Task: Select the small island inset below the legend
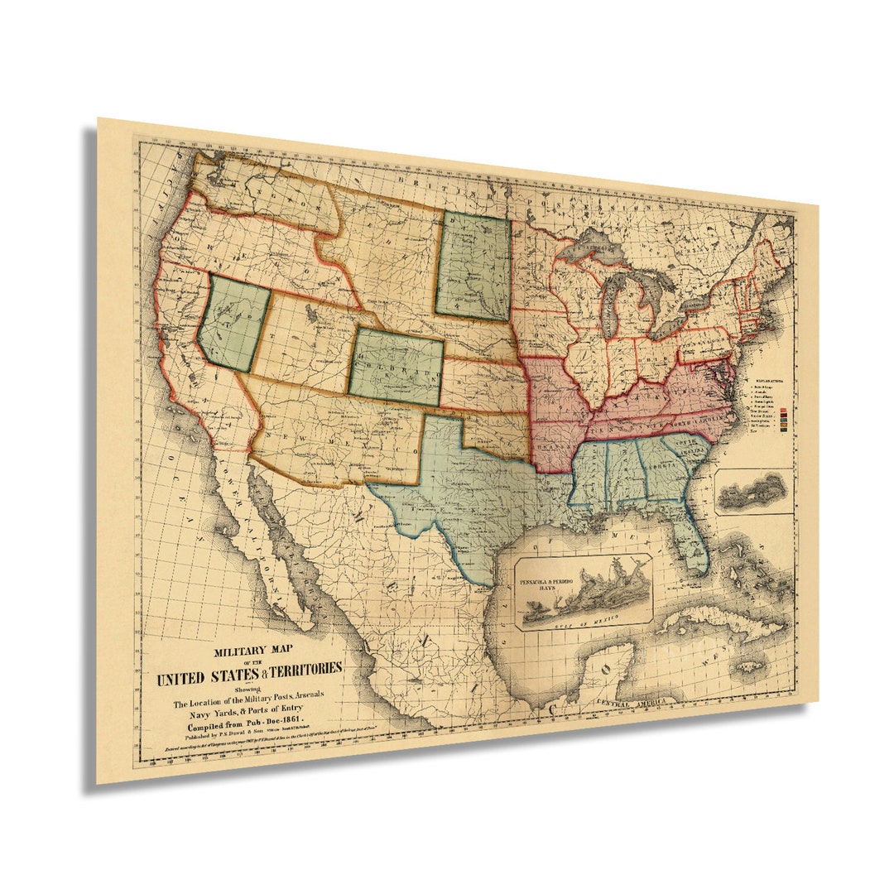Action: tap(752, 492)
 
